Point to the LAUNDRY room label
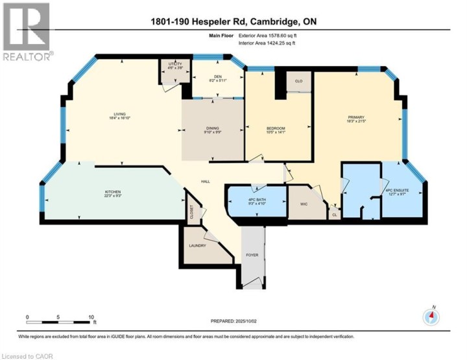[197, 245]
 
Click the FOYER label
[252, 255]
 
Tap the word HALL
[205, 182]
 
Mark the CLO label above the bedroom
[299, 81]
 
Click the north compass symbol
[431, 317]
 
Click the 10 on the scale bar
[92, 317]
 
